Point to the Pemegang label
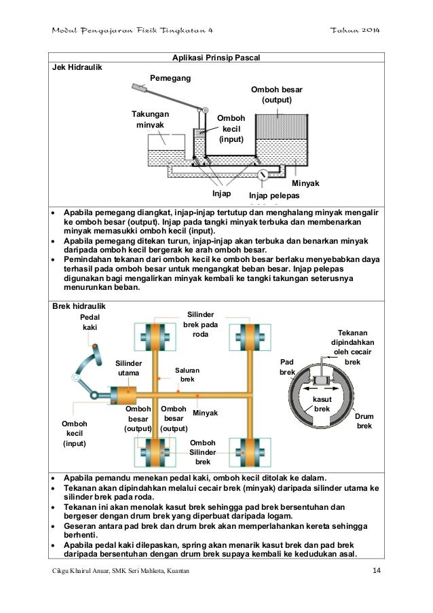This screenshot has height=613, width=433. pos(171,79)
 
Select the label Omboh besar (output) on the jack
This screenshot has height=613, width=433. pos(277,95)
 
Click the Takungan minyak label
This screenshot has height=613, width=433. pos(150,120)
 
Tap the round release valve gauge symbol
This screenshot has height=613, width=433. pos(263,175)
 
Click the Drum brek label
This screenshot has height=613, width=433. pos(364,422)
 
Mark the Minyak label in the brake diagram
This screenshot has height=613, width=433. pos(205,413)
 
